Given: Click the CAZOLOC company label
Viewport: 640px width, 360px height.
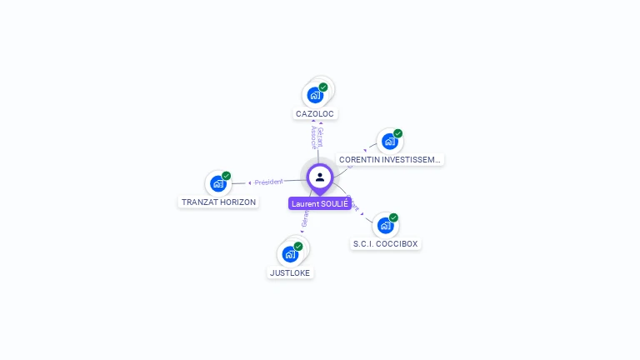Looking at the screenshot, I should (x=317, y=113).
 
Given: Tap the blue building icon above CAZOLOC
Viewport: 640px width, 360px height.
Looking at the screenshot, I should (x=315, y=94).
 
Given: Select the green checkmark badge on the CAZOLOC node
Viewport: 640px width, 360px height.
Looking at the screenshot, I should (x=323, y=87).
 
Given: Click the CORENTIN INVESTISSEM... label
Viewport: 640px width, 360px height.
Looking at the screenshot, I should (x=390, y=159).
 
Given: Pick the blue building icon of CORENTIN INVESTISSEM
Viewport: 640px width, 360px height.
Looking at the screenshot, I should (x=389, y=141).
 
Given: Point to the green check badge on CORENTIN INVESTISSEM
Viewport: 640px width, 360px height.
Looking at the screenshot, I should (x=398, y=133).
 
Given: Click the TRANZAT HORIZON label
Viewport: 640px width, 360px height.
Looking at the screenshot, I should (x=219, y=202).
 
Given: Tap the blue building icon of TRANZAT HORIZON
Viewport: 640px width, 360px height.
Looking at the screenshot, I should (x=218, y=183).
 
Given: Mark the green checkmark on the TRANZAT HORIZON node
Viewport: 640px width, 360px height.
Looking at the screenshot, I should (x=227, y=176).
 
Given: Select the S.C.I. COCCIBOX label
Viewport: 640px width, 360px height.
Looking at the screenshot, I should (x=386, y=244).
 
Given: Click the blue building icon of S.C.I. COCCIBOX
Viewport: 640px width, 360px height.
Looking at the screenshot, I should (x=385, y=225).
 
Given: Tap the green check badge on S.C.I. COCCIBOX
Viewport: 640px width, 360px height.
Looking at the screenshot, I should (x=394, y=217).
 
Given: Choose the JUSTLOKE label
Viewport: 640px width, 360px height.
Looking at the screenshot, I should (x=291, y=272).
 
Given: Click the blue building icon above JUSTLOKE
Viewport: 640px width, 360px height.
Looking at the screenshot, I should (x=290, y=254).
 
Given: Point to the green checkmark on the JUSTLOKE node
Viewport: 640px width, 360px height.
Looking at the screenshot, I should (x=298, y=247).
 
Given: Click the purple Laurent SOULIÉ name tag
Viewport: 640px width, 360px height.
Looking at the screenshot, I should (x=320, y=203).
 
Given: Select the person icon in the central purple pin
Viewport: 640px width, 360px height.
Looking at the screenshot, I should (x=320, y=177).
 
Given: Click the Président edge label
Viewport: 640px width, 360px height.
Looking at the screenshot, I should (x=269, y=182).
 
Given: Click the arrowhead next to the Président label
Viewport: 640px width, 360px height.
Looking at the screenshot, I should (x=250, y=182).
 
